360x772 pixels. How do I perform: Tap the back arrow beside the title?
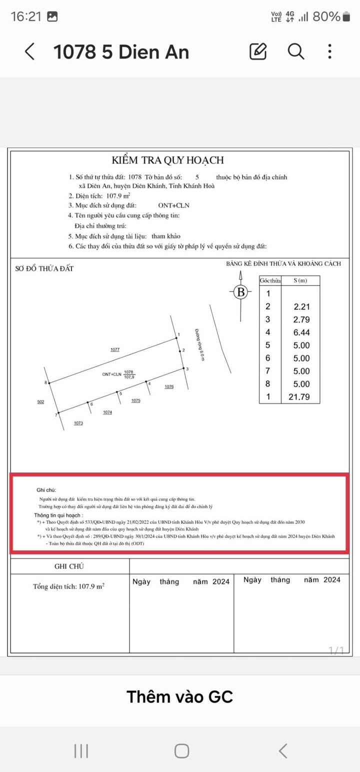[x=30, y=51]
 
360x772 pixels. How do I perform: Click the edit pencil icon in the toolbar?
[x=258, y=51]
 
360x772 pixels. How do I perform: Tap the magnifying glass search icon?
[x=295, y=51]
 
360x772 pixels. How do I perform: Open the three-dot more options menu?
[x=329, y=51]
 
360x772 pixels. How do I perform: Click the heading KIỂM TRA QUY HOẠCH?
[x=167, y=160]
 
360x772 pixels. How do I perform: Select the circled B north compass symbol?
[x=241, y=292]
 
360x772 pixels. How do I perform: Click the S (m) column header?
[x=300, y=280]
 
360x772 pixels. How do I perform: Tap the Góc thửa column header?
[x=270, y=280]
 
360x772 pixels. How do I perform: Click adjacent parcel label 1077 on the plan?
[x=115, y=350]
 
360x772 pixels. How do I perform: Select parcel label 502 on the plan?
[x=40, y=401]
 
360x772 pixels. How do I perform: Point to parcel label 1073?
[x=78, y=423]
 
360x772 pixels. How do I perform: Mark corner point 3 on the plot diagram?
[x=183, y=369]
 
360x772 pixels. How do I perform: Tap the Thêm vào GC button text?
[x=179, y=696]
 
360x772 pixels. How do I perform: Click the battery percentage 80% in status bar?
[x=326, y=16]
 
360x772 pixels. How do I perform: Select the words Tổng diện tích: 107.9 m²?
[x=69, y=586]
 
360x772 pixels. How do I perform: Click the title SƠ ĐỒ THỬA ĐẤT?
[x=44, y=268]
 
